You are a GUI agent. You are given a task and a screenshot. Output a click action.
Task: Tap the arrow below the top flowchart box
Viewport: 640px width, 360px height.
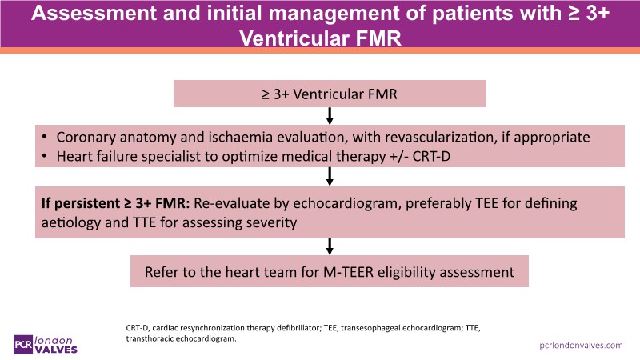(330, 115)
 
